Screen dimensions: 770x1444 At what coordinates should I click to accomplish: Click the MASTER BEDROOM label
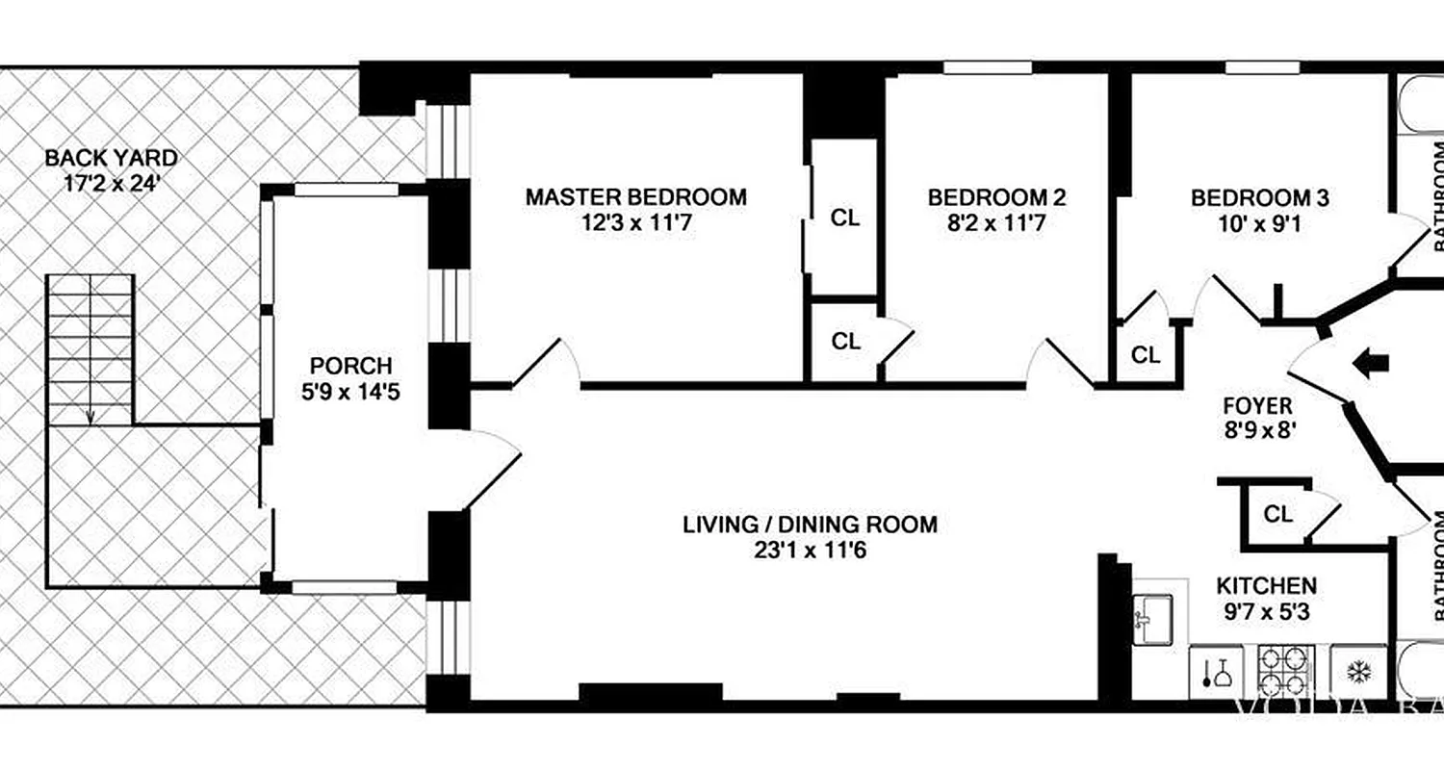[635, 197]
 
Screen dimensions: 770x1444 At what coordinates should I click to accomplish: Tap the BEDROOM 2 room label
[996, 197]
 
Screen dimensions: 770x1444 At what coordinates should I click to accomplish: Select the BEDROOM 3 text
[1260, 198]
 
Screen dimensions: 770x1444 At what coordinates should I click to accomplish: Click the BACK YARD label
[112, 157]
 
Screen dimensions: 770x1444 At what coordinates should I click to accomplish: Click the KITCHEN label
[1266, 585]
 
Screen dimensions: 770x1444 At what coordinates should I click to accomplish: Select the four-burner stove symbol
[1286, 672]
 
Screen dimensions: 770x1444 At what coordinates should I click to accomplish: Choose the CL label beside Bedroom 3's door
[1146, 355]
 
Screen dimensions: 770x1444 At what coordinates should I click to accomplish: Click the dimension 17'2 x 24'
[112, 183]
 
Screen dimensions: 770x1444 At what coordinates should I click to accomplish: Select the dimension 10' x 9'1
[1260, 225]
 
